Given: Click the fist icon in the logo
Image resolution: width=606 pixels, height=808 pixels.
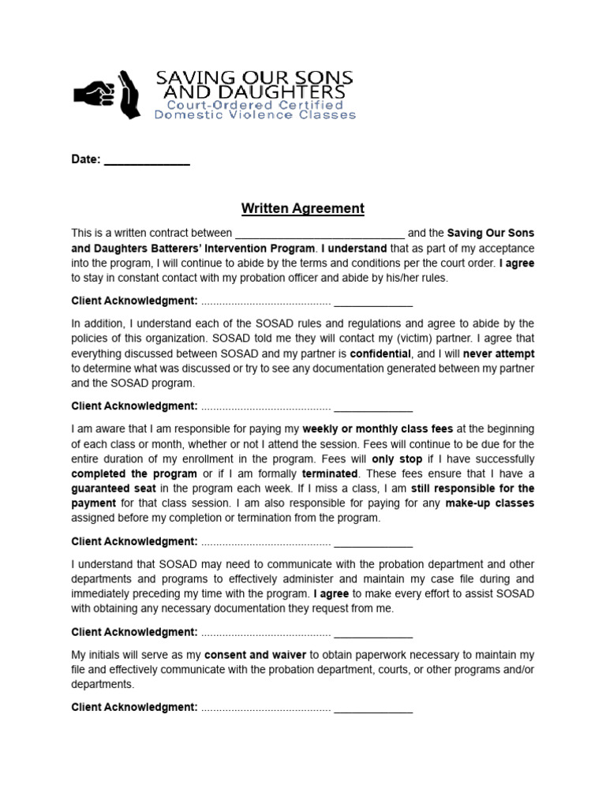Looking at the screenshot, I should tap(92, 93).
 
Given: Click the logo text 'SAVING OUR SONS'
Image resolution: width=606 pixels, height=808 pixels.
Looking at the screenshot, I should tap(253, 78).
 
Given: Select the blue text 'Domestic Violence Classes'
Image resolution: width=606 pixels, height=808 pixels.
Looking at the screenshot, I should tap(255, 115).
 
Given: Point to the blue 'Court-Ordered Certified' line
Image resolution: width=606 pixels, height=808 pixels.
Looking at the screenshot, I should tap(254, 104).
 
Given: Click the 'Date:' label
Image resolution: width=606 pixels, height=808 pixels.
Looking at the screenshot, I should tap(86, 159).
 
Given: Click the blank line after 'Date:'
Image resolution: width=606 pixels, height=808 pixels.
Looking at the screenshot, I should tap(147, 160).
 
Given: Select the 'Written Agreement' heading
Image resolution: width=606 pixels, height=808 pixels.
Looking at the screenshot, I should tap(302, 209).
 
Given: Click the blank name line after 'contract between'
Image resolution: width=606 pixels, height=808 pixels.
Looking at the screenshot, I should tap(320, 234).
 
